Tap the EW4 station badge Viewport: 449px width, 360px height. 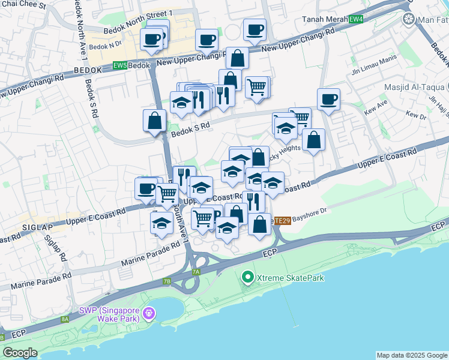[356, 19]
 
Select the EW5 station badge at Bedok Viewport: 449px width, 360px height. [119, 65]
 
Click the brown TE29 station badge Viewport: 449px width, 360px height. [283, 220]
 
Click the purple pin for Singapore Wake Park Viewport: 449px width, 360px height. [149, 313]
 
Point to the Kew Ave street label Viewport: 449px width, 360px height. [377, 109]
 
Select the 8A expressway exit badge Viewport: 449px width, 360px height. [65, 319]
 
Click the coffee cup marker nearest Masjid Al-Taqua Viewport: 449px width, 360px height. [328, 99]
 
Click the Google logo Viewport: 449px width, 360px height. [20, 353]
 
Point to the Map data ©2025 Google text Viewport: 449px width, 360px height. [411, 355]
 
